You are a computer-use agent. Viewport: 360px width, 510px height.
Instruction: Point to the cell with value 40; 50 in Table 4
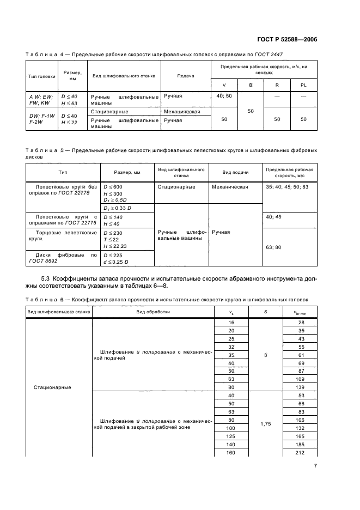[x=224, y=96]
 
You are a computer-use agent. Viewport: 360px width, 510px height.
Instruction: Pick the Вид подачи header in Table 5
[x=235, y=172]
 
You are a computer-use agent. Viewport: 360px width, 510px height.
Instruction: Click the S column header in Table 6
[x=265, y=312]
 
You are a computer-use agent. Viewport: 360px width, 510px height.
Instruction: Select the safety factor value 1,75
[x=265, y=422]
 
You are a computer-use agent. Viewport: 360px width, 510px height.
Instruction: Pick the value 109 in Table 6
[x=300, y=378]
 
